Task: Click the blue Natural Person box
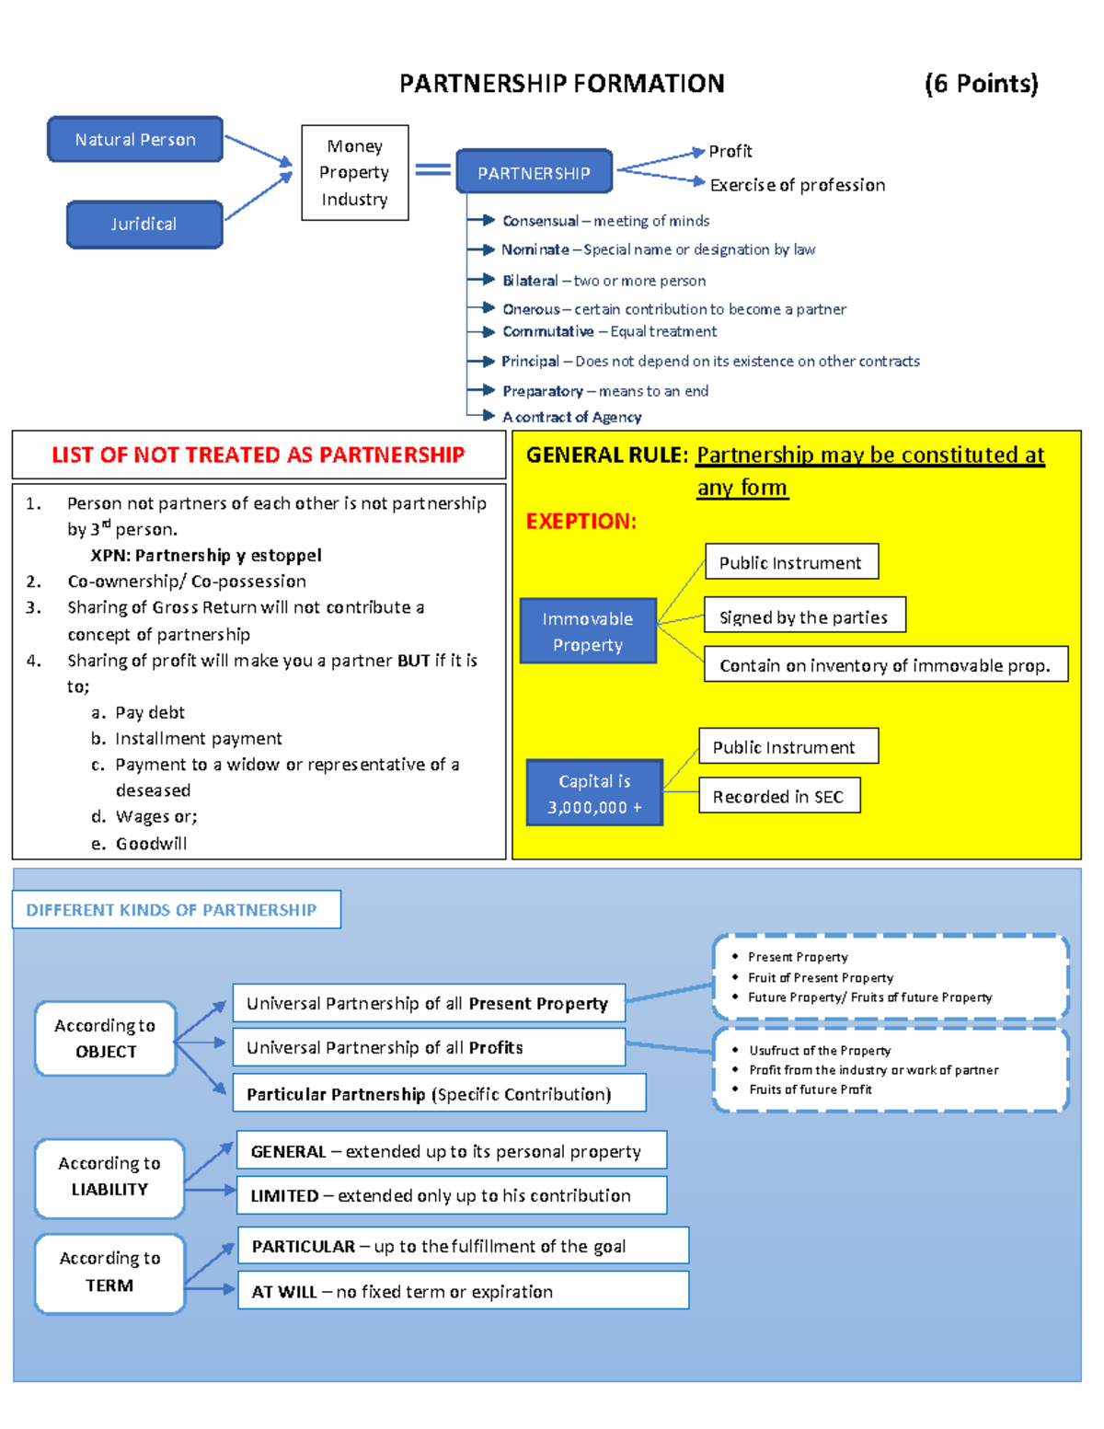coord(135,140)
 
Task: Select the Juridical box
coord(144,225)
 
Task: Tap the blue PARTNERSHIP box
coord(534,173)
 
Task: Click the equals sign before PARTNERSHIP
coord(432,169)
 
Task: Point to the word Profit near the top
coord(730,151)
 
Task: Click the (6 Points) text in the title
coord(981,84)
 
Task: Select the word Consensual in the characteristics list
coord(540,221)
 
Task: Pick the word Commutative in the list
coord(547,331)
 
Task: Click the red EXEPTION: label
coord(581,521)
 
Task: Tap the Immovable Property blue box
coord(588,631)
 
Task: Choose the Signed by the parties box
coord(804,617)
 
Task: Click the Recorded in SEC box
coord(778,797)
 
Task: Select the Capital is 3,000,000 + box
coord(594,793)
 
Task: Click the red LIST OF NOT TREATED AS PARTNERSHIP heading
coord(258,455)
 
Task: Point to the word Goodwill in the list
coord(151,844)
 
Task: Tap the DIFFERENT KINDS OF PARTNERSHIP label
coord(172,910)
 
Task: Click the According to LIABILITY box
coord(109,1177)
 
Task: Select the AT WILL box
coord(463,1291)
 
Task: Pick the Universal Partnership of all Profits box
coord(429,1047)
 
